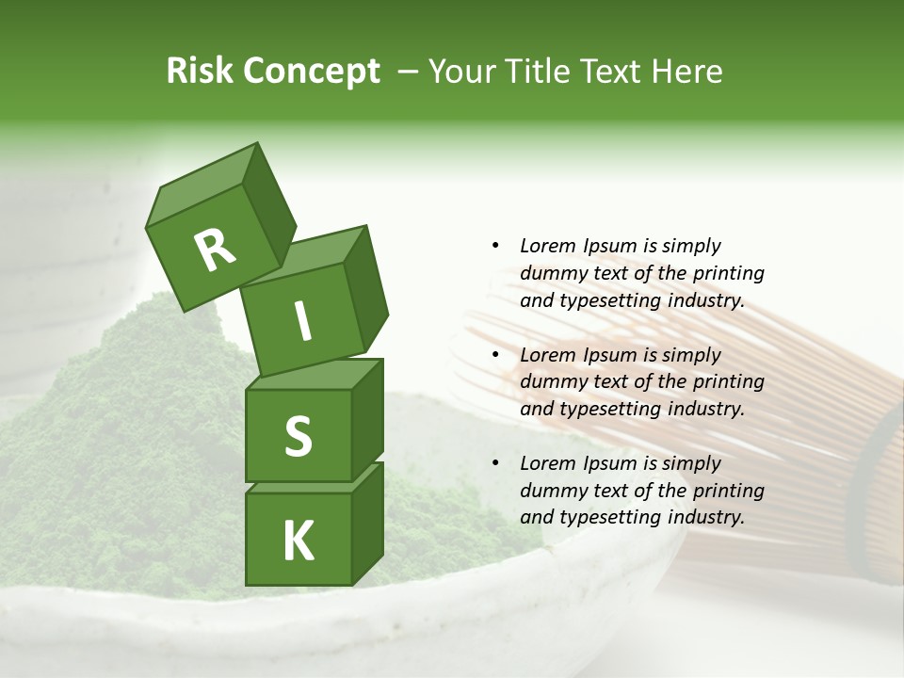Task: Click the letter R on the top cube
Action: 215,250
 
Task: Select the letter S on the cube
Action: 298,436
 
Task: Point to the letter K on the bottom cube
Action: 298,541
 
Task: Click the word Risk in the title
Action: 200,71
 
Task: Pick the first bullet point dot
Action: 496,246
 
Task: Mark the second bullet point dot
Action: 496,355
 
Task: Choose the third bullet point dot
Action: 496,463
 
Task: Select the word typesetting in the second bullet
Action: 603,409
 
